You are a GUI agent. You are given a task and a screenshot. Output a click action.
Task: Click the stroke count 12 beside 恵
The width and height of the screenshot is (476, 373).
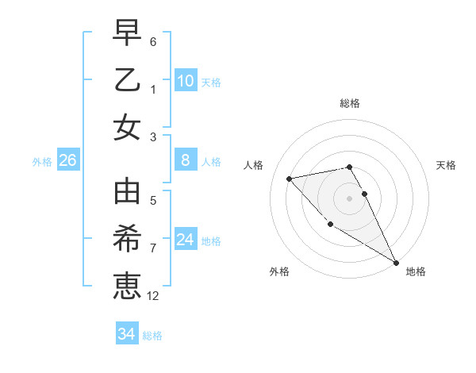point(153,296)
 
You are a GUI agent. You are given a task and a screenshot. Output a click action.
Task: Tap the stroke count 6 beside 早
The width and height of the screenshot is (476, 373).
point(153,41)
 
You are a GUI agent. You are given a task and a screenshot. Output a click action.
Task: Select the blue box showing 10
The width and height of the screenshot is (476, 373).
point(185,80)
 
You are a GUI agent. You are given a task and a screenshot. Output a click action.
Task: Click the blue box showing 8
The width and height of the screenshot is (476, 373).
point(185,160)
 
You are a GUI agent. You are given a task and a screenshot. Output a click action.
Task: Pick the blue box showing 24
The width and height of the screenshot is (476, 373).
point(185,240)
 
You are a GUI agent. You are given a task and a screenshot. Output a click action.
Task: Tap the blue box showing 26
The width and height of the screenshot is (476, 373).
point(67,160)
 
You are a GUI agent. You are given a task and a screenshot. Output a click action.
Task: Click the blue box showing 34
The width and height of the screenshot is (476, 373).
point(126,334)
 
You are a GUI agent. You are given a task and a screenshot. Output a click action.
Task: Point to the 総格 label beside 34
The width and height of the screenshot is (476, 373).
point(152,336)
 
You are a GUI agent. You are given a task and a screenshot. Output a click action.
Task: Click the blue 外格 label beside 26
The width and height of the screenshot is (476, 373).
point(42,162)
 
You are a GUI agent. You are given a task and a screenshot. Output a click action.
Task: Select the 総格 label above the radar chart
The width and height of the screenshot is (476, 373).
point(349,103)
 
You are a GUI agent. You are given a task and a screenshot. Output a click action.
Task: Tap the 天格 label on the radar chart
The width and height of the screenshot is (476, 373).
point(447,165)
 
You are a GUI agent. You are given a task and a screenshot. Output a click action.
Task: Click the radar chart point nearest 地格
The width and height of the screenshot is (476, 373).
point(396,263)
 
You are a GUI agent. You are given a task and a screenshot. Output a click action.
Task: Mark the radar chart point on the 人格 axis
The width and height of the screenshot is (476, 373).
point(290,179)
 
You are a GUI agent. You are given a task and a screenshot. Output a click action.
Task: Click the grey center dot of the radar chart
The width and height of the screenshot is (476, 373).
point(349,198)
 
